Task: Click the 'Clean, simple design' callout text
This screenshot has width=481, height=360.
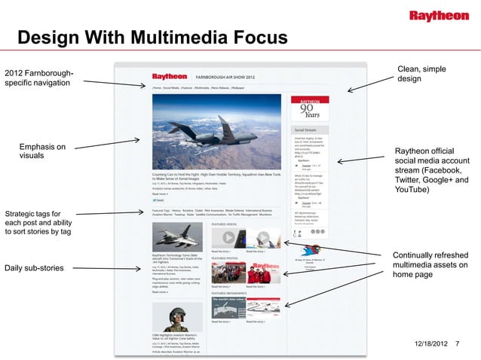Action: (419, 74)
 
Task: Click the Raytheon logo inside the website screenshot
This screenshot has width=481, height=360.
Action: (170, 77)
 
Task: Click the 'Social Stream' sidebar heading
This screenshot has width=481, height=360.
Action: (305, 130)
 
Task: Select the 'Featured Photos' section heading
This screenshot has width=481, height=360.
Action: (225, 258)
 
